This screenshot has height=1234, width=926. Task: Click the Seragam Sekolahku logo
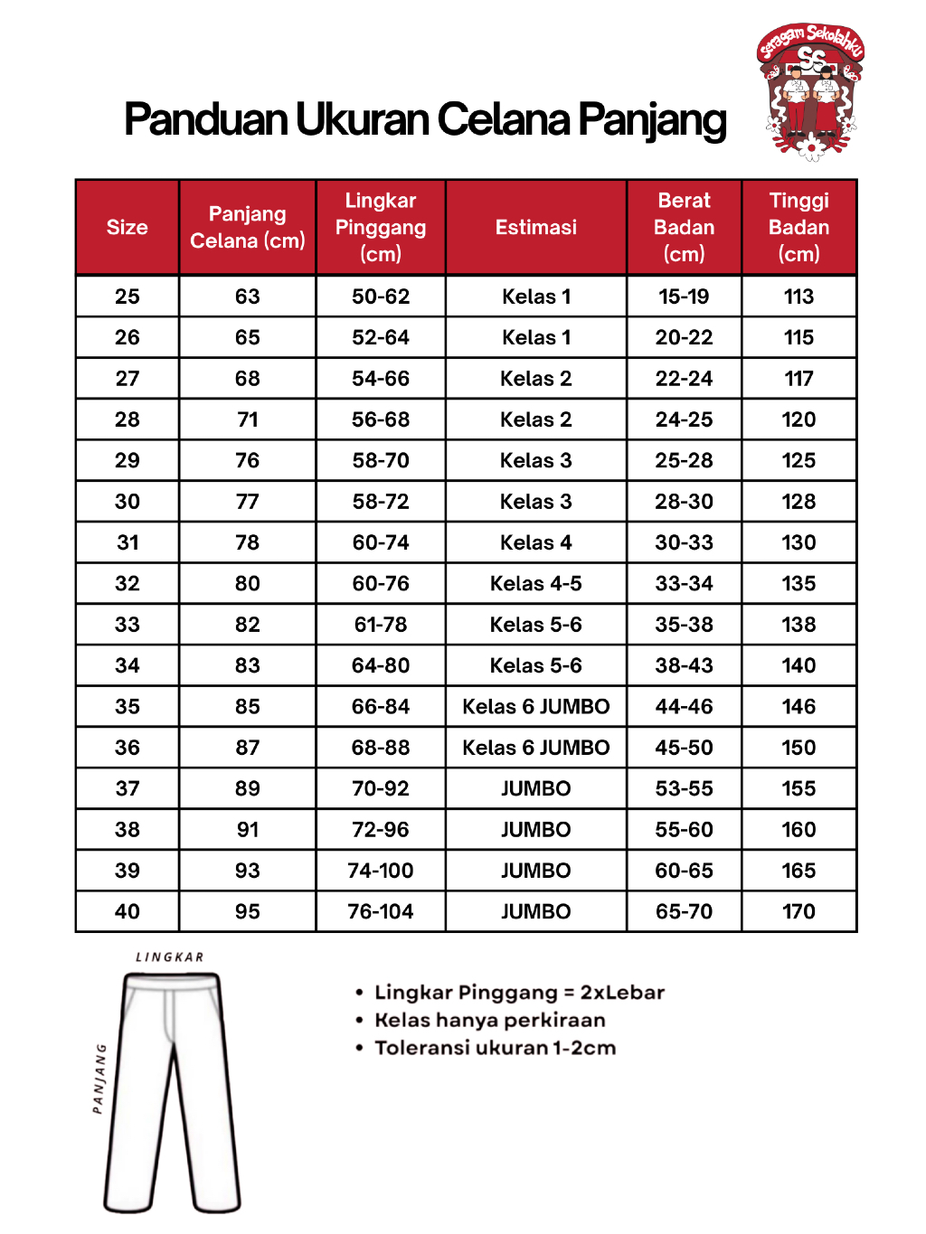pos(811,90)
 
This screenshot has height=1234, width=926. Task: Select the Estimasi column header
pos(535,227)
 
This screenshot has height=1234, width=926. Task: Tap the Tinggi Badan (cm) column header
pos(798,227)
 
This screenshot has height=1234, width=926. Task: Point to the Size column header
pos(127,227)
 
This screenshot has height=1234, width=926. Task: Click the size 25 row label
pos(128,297)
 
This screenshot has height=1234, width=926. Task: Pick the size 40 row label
pos(128,911)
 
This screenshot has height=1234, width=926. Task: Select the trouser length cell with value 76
pos(248,460)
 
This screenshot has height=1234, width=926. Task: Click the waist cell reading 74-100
pos(381,871)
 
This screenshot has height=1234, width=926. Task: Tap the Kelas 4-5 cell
pos(535,583)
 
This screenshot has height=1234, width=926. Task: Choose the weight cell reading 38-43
pos(684,665)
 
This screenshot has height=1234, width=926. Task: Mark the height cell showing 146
pos(798,706)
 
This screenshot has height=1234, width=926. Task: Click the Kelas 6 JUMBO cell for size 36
pos(535,748)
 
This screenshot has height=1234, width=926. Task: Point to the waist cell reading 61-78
pos(381,625)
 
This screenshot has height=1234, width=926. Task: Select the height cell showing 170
pos(798,911)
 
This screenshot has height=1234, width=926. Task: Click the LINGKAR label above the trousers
pos(170,957)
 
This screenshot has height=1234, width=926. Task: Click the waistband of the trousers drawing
pos(172,981)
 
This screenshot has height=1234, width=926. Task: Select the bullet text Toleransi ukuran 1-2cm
pos(495,1048)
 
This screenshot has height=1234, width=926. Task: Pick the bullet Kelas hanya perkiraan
pos(489,1020)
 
